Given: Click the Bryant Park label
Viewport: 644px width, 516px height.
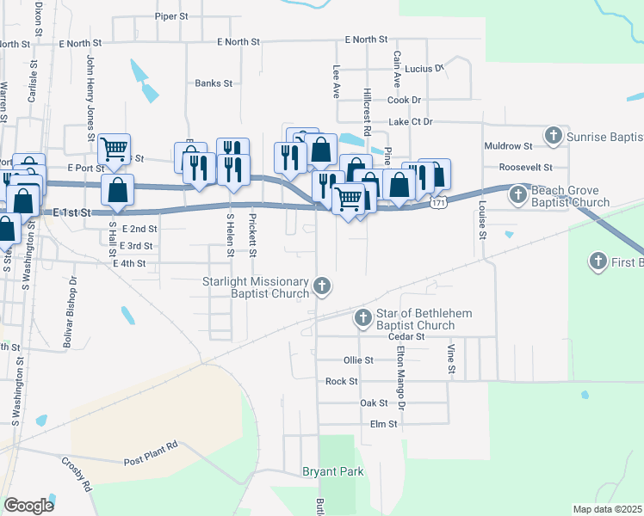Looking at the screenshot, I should point(332,471).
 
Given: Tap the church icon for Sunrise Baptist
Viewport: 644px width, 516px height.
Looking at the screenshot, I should point(553,136).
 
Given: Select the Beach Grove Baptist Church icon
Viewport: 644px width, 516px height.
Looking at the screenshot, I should point(517,195).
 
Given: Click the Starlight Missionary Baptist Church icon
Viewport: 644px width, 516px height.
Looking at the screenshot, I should point(321,286).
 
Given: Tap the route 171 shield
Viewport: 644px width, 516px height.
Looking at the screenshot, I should point(439,203).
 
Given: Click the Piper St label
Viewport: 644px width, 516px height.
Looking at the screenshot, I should point(171,16).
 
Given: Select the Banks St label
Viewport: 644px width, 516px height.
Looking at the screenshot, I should point(214,83).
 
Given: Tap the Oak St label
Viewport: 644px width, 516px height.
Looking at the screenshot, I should point(374,402).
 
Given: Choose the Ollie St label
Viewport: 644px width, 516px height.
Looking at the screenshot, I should point(358,360).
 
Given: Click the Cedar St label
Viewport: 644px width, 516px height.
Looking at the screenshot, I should point(406,337).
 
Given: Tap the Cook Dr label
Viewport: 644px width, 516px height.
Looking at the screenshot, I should point(404,100).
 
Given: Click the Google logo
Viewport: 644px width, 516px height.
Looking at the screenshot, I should point(28,506).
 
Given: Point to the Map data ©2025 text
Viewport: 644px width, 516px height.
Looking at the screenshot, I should point(607,509).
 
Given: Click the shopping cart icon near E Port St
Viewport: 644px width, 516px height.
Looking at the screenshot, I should point(114,150).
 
